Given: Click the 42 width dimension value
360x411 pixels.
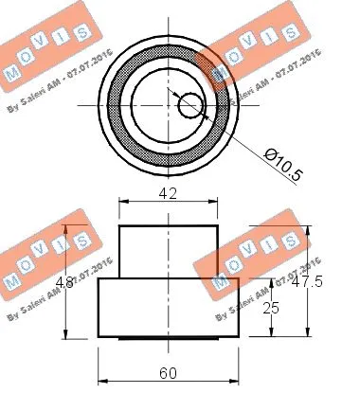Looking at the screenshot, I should [x=169, y=194].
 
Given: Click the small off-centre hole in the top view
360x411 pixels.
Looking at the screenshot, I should [x=190, y=103].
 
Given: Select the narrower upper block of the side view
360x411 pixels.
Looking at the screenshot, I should [x=169, y=251].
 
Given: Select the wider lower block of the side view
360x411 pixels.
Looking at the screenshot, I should [x=169, y=307].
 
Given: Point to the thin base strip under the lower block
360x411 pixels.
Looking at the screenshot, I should [x=169, y=337].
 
